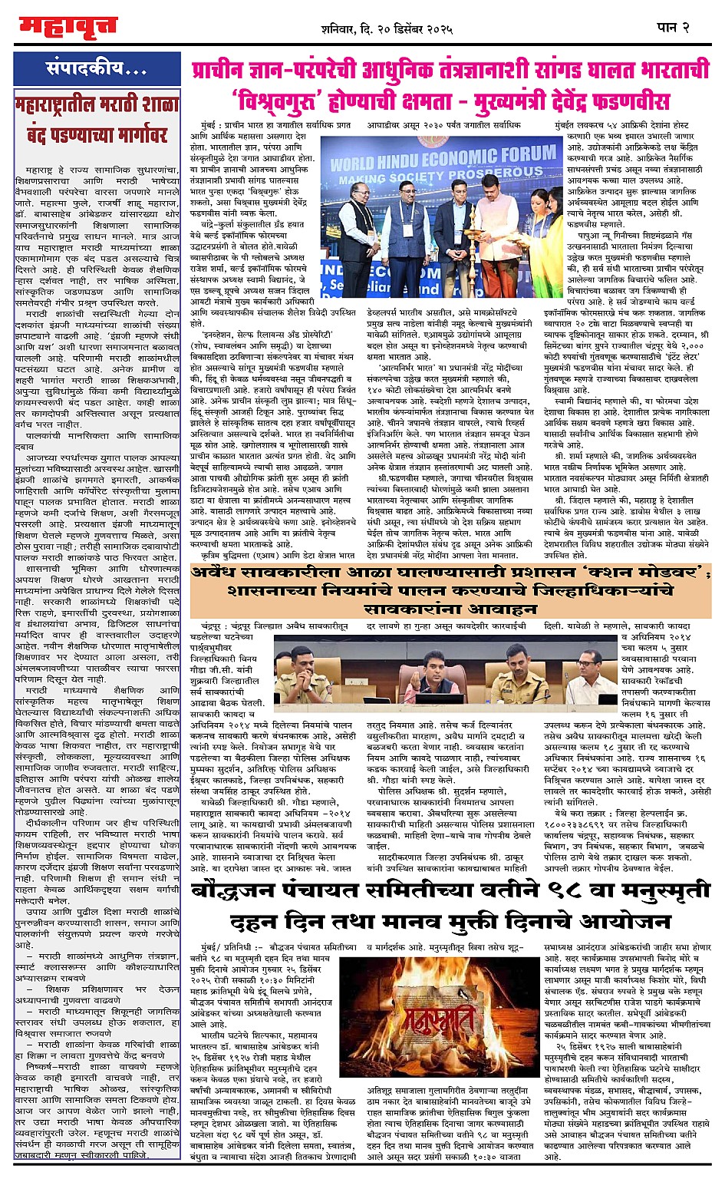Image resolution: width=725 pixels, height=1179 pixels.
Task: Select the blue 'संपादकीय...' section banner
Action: coord(97,68)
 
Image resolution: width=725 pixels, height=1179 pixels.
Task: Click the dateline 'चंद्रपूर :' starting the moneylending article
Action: coord(212,627)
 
